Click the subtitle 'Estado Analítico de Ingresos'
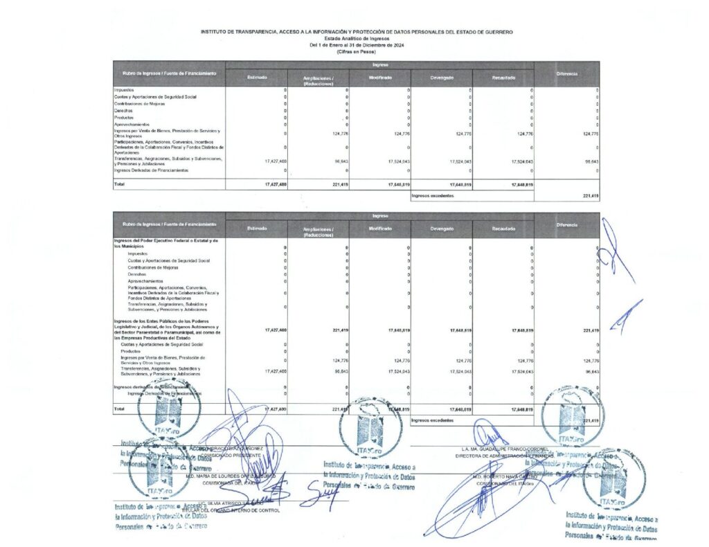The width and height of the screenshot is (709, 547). coord(357,39)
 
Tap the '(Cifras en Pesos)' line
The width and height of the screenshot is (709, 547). coord(357,52)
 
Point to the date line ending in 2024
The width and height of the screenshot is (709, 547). coord(357,45)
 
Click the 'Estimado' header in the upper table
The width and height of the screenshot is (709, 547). coord(257,77)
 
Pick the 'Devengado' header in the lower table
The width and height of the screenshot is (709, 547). coord(442,228)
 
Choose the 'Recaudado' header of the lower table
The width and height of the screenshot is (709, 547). coord(503,228)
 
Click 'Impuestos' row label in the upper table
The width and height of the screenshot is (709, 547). coord(124,90)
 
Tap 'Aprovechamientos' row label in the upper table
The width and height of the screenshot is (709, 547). coord(132,124)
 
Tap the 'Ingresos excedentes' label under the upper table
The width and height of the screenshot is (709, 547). coord(433,196)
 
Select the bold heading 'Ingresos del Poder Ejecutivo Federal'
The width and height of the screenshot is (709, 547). coord(165,240)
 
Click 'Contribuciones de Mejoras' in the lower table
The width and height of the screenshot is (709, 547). coord(153,267)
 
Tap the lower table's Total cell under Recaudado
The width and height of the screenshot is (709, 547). coord(522,409)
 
